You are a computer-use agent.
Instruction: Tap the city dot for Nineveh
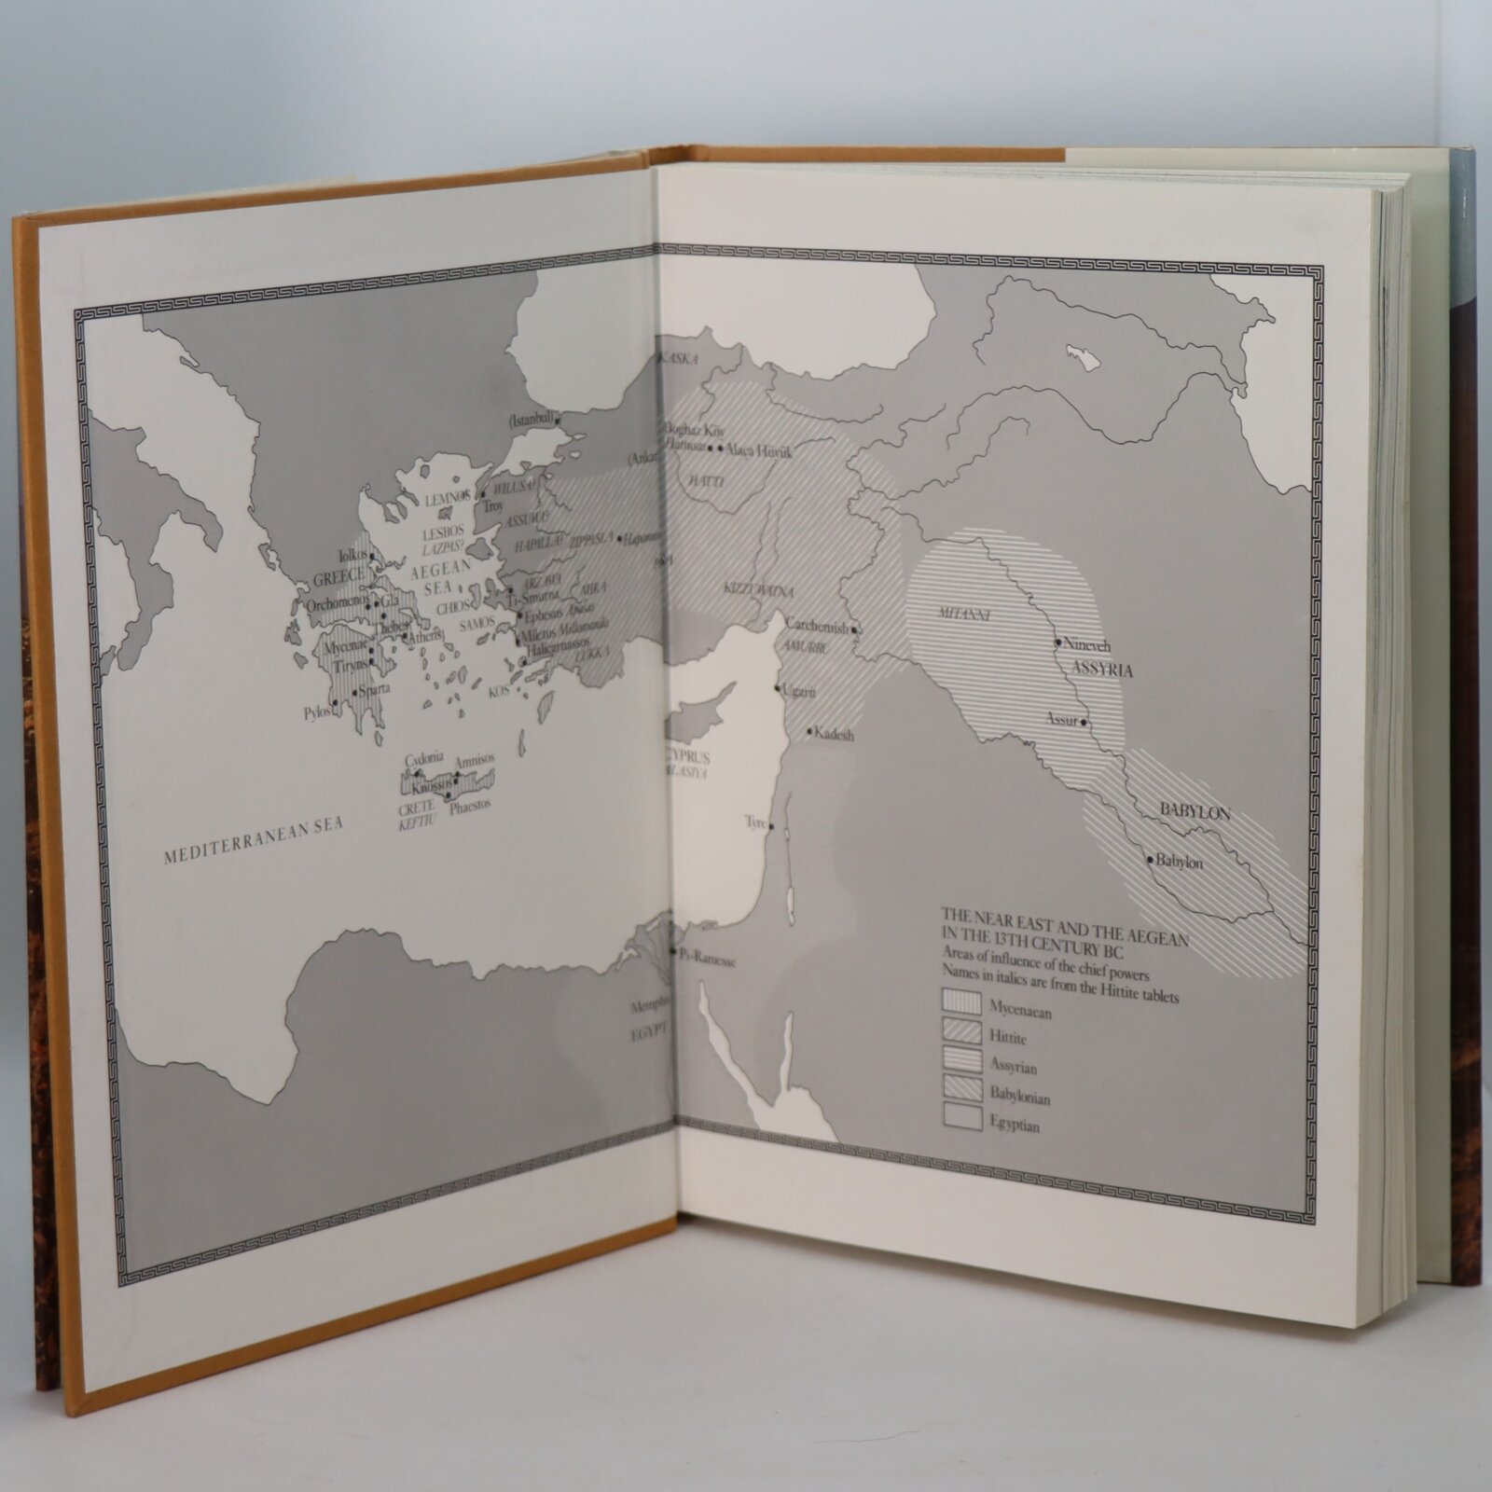[x=1058, y=642]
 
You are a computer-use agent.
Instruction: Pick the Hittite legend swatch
[x=961, y=1030]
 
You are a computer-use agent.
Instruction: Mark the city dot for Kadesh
[x=808, y=730]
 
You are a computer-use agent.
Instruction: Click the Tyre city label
[x=754, y=822]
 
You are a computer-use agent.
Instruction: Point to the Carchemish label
[x=817, y=628]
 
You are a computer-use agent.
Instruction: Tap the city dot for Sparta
[x=355, y=691]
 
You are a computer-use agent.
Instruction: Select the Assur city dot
[x=1086, y=721]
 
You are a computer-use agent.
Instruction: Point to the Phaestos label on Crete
[x=469, y=805]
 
